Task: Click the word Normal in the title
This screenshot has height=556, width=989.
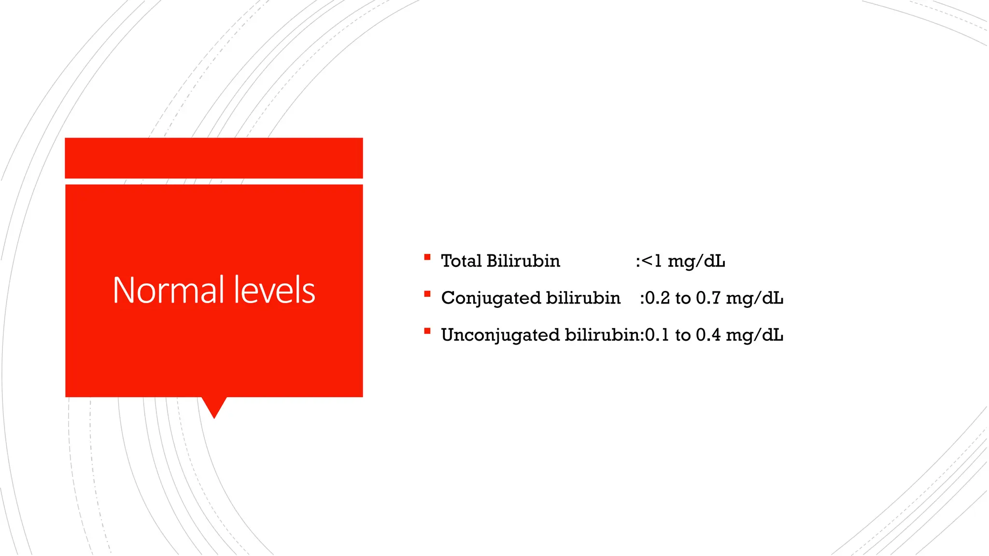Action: [x=168, y=290]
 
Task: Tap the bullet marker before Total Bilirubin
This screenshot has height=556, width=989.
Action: [x=427, y=258]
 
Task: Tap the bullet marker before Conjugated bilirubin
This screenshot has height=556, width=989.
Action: [x=427, y=294]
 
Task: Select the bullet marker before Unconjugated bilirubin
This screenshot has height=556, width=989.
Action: [x=427, y=331]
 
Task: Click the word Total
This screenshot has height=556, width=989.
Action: [x=461, y=261]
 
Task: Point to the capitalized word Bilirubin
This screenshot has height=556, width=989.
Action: [x=523, y=261]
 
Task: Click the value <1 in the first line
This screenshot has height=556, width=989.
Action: [x=652, y=262]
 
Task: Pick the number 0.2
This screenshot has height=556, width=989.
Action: [x=657, y=298]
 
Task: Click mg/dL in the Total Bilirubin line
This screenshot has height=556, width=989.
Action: [x=696, y=262]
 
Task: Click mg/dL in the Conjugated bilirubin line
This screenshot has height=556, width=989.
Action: [x=754, y=298]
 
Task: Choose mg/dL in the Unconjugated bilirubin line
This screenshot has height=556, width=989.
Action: [x=754, y=335]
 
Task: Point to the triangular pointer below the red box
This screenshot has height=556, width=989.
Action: [x=214, y=406]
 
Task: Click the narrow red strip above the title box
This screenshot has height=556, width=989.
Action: [x=214, y=158]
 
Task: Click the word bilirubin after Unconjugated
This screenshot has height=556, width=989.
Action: [x=603, y=335]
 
